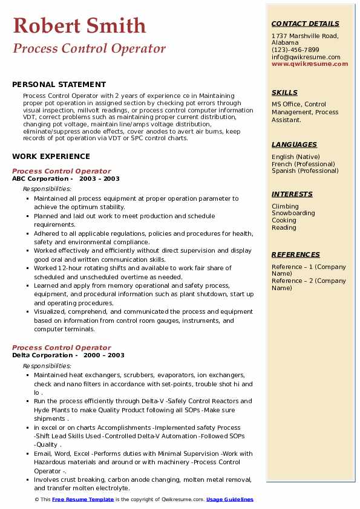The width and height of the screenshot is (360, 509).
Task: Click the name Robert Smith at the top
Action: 79,26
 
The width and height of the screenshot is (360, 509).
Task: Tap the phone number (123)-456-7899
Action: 295,50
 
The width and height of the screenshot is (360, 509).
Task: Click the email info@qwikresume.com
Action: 306,57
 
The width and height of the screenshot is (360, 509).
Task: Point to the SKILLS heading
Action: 284,92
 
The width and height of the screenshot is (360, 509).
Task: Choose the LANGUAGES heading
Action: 294,144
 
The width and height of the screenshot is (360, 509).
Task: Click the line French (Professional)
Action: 303,164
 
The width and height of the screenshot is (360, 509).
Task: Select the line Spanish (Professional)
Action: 304,170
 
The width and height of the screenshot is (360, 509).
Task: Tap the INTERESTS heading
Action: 292,194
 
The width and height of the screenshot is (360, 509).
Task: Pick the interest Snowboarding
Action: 293,213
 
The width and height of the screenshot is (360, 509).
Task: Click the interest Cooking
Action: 284,221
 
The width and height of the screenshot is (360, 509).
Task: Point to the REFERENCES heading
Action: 296,254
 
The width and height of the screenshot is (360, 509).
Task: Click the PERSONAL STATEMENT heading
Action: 59,85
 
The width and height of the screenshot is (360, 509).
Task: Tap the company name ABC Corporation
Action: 40,179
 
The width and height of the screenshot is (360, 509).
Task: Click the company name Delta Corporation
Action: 41,355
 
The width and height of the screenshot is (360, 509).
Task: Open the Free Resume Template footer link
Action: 83,499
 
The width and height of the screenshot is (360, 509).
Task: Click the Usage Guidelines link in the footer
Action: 230,499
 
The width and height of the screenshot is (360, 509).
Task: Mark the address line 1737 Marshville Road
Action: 304,36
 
